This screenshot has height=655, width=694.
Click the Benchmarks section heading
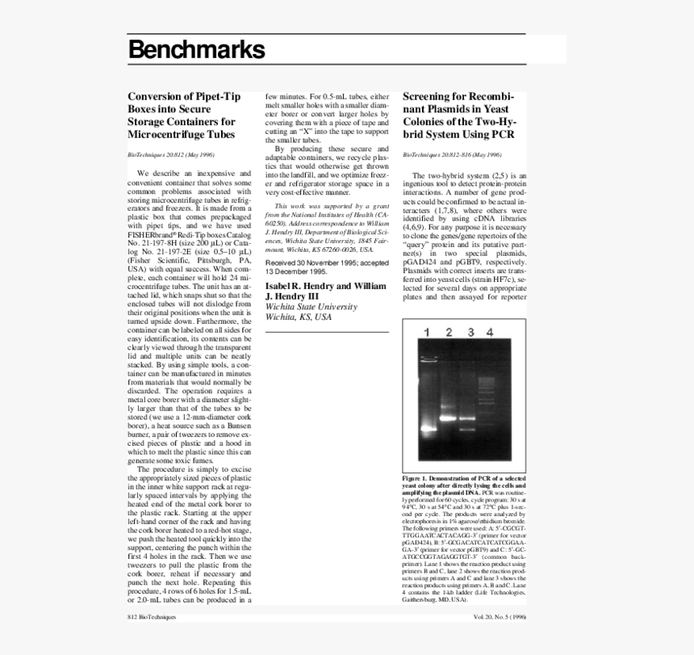[196, 50]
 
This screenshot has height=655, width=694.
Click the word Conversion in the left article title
[157, 96]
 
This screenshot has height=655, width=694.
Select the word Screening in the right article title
[429, 96]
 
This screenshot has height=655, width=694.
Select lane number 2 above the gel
[448, 333]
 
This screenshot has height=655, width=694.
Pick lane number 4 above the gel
[489, 333]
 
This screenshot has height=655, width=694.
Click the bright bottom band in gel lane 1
[427, 429]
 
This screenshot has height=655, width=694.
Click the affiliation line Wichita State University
[311, 307]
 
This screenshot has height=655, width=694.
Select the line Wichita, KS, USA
[299, 317]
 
